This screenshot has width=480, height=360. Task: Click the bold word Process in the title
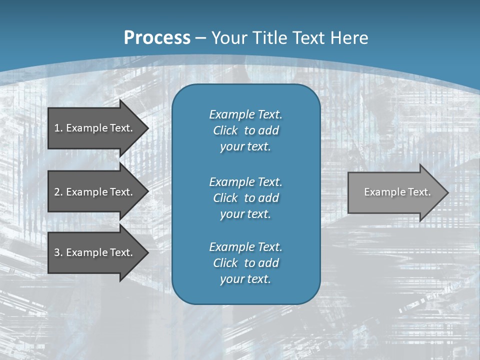click(x=157, y=38)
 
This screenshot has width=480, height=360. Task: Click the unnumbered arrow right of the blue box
click(x=395, y=192)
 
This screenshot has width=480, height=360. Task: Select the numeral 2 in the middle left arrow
click(x=57, y=192)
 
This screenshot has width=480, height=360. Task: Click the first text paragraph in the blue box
click(x=245, y=130)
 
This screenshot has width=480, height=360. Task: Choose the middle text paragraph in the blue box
click(x=245, y=198)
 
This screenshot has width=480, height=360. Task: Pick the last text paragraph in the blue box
click(x=245, y=263)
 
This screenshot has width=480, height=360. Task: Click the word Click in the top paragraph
click(x=225, y=130)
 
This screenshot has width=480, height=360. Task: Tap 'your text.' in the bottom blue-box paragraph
click(x=245, y=279)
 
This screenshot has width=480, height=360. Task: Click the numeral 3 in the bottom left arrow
click(x=57, y=252)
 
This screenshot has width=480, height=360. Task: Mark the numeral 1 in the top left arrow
click(x=57, y=128)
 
